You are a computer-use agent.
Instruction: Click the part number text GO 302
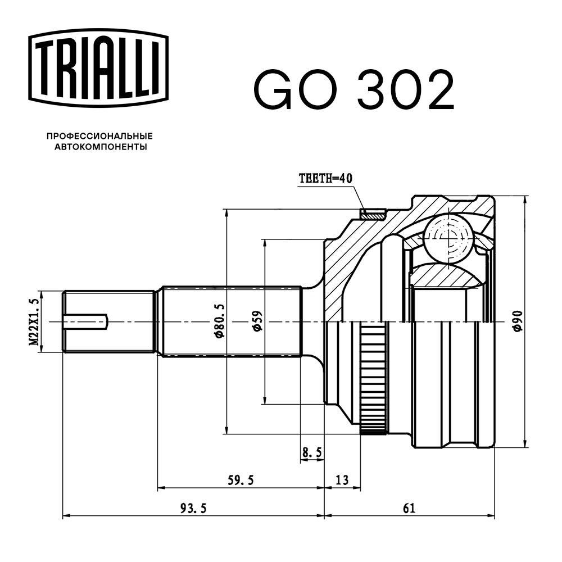[x=353, y=89]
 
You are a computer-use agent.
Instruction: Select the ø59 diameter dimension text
[x=256, y=321]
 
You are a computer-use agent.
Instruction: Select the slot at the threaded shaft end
[x=85, y=321]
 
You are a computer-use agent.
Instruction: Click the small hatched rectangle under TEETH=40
[x=373, y=214]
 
